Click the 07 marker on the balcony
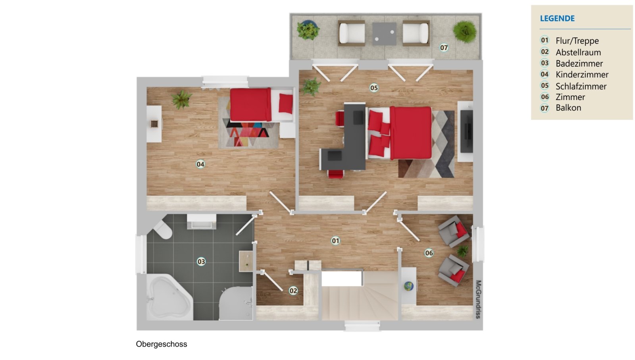tap(444, 48)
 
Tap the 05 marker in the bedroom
tap(373, 88)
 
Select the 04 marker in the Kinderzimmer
tap(200, 164)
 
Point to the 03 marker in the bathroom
tap(201, 261)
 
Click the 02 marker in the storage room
tap(293, 291)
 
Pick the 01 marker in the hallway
tap(335, 241)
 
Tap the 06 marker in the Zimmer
tap(429, 253)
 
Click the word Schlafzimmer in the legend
tap(581, 86)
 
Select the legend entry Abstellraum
tap(578, 52)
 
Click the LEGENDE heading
tap(557, 18)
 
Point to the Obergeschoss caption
tap(162, 344)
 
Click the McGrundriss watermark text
tap(478, 299)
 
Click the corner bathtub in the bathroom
tap(169, 297)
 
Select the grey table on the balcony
tap(384, 34)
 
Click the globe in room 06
tap(408, 286)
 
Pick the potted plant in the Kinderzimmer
tap(181, 99)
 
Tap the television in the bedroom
tap(466, 131)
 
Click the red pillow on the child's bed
tap(286, 104)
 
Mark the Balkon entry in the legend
tap(568, 108)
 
